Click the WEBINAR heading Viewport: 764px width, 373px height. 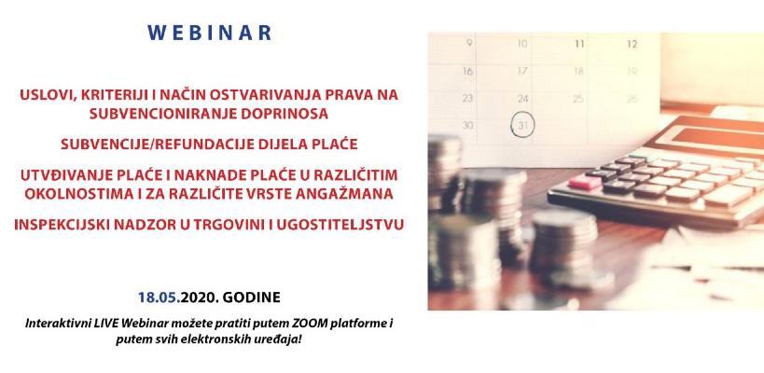(209, 33)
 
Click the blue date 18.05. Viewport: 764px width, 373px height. (157, 297)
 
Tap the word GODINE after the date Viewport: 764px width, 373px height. (250, 297)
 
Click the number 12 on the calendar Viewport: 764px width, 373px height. (632, 43)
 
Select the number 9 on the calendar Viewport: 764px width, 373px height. (469, 43)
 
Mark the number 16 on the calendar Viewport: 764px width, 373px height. (469, 70)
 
